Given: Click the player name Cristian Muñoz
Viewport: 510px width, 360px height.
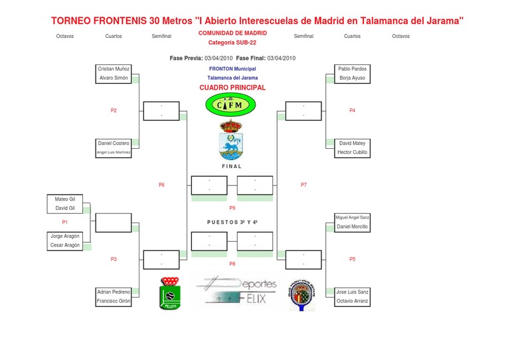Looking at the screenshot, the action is (x=114, y=68).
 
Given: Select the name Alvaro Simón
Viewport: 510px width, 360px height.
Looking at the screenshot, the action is (x=114, y=78).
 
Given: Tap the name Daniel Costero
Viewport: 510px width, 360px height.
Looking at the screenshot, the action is (x=114, y=143).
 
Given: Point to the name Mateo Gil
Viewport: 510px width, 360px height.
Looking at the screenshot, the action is (x=65, y=199).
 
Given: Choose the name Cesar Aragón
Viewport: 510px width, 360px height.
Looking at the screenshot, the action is (x=65, y=244).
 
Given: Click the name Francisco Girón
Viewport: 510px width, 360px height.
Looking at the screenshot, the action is (x=114, y=301).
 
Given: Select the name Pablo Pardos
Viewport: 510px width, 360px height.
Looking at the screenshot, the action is (x=352, y=68).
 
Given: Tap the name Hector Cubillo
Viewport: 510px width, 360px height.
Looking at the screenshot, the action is (x=352, y=152).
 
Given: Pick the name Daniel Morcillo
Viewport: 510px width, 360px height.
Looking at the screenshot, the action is (x=352, y=226).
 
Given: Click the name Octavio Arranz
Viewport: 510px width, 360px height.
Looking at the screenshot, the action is (x=352, y=301).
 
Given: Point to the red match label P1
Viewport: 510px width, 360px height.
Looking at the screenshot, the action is (x=65, y=222).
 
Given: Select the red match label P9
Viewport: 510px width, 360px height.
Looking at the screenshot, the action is (x=232, y=208).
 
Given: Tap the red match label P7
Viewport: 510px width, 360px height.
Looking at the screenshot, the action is (x=303, y=185).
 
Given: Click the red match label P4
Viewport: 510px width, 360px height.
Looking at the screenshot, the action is (x=352, y=110).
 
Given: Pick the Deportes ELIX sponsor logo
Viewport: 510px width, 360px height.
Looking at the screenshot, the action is (x=236, y=290).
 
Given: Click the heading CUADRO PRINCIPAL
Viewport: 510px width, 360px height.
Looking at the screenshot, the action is (x=232, y=87).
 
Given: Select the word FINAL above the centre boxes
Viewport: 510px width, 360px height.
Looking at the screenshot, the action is (x=232, y=166).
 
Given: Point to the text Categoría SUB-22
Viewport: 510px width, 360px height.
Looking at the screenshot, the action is (x=232, y=42).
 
